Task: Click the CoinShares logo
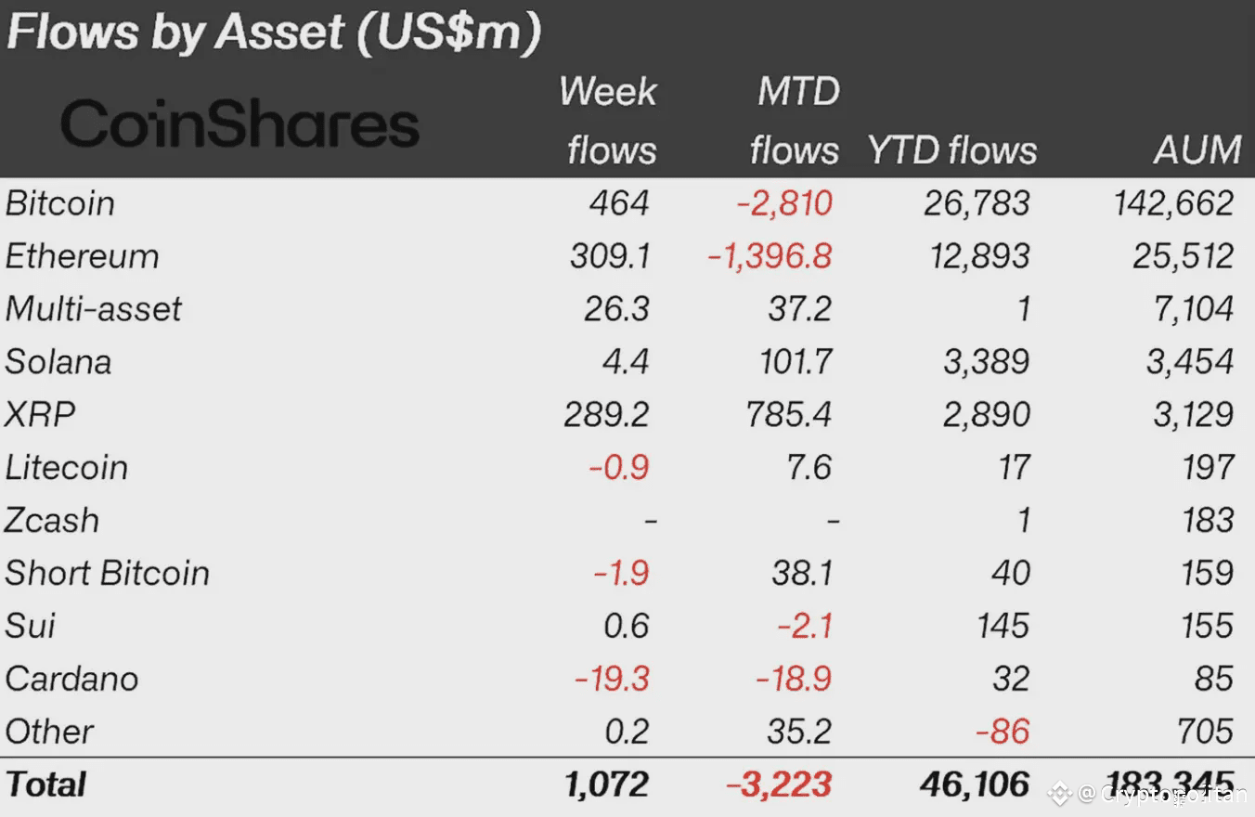(239, 124)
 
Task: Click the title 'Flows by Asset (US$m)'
(273, 32)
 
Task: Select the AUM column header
(1197, 149)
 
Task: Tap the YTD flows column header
(951, 149)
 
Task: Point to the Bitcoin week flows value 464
(619, 203)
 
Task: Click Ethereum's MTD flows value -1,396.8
(770, 256)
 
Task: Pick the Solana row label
(58, 362)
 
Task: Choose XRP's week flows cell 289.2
(606, 415)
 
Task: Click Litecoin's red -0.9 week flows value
(618, 468)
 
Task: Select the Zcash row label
(52, 521)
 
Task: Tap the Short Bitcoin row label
(107, 574)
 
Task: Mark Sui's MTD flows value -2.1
(805, 627)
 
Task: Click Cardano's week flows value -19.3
(612, 680)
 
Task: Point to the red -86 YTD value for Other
(1003, 733)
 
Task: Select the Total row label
(45, 785)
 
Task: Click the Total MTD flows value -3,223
(779, 785)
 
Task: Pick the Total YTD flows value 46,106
(975, 785)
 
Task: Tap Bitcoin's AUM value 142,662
(1174, 203)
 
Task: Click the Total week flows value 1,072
(606, 785)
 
